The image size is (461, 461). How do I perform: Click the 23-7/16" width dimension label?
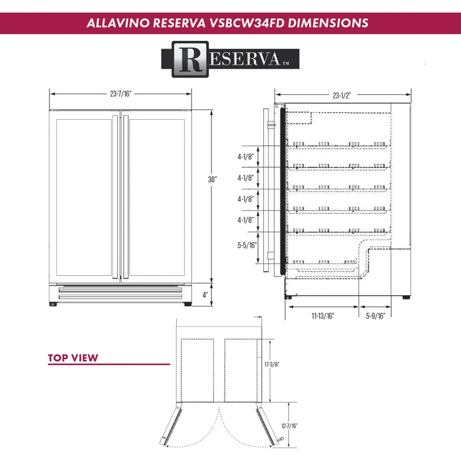pos(121,93)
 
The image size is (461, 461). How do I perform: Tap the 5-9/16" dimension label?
pos(375,316)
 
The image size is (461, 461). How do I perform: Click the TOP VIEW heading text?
pos(73,358)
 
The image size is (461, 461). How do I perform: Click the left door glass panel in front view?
pos(83,197)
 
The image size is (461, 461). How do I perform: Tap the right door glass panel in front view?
pos(158,197)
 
